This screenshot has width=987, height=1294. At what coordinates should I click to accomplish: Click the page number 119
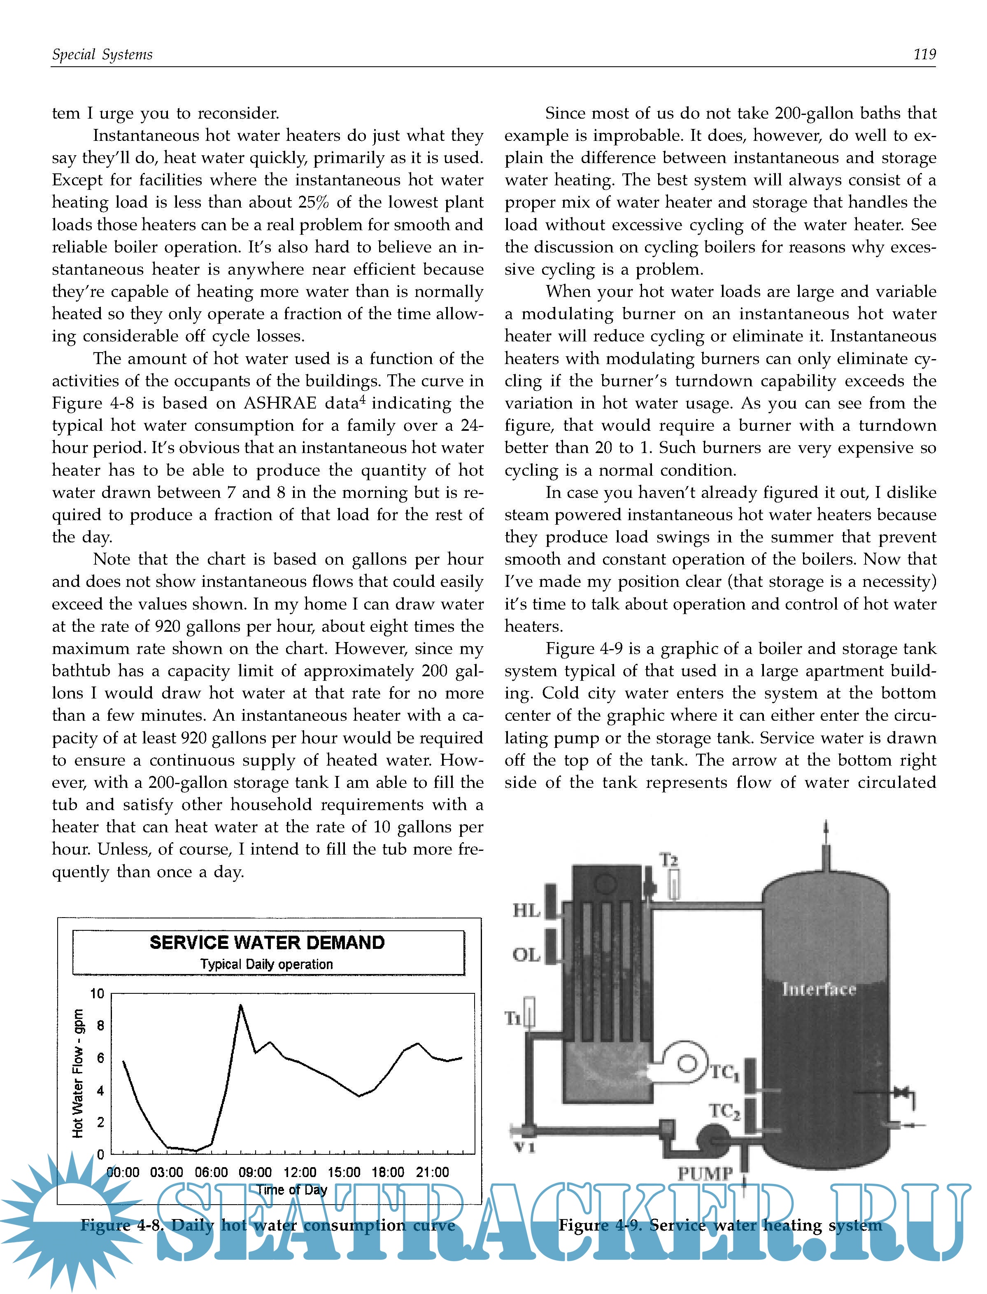tap(924, 55)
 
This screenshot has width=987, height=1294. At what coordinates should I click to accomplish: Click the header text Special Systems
tap(102, 55)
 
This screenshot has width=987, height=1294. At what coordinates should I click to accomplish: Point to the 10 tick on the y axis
tap(97, 994)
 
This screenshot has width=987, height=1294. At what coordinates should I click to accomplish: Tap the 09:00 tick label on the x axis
tap(255, 1173)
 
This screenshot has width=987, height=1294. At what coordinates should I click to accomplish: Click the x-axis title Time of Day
tap(291, 1190)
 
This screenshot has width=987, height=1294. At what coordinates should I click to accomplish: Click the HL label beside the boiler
tap(526, 911)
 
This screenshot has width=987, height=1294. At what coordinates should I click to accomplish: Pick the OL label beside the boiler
tap(526, 955)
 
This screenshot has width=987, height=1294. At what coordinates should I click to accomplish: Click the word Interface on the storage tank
tap(818, 990)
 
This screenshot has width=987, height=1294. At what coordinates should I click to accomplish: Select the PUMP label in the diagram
tap(705, 1174)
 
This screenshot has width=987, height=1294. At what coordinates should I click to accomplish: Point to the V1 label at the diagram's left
tap(524, 1147)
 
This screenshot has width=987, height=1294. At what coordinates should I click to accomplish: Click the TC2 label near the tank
tap(724, 1111)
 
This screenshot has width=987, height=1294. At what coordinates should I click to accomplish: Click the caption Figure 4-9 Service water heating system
tap(720, 1225)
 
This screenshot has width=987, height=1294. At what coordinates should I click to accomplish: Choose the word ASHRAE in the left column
tap(280, 403)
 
